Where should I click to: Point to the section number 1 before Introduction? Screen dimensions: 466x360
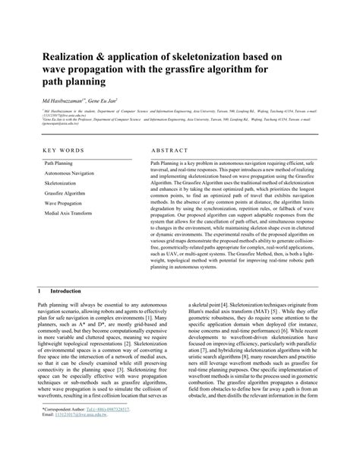click(x=40, y=291)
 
